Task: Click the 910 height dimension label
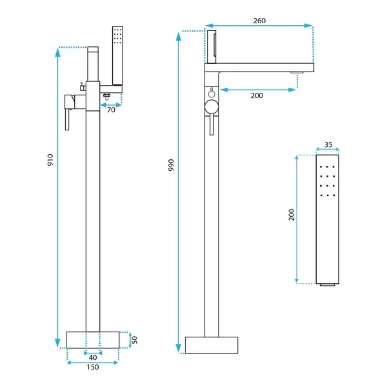pos(50,160)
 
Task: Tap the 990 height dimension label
pos(171,165)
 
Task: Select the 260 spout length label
pos(259,21)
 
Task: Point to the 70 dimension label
pos(111,110)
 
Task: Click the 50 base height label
pos(135,340)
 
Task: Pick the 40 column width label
pos(93,357)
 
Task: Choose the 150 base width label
pos(93,367)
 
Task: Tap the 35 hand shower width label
pos(328,144)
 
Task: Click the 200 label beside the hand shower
pos(292,215)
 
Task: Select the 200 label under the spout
pos(257,95)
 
